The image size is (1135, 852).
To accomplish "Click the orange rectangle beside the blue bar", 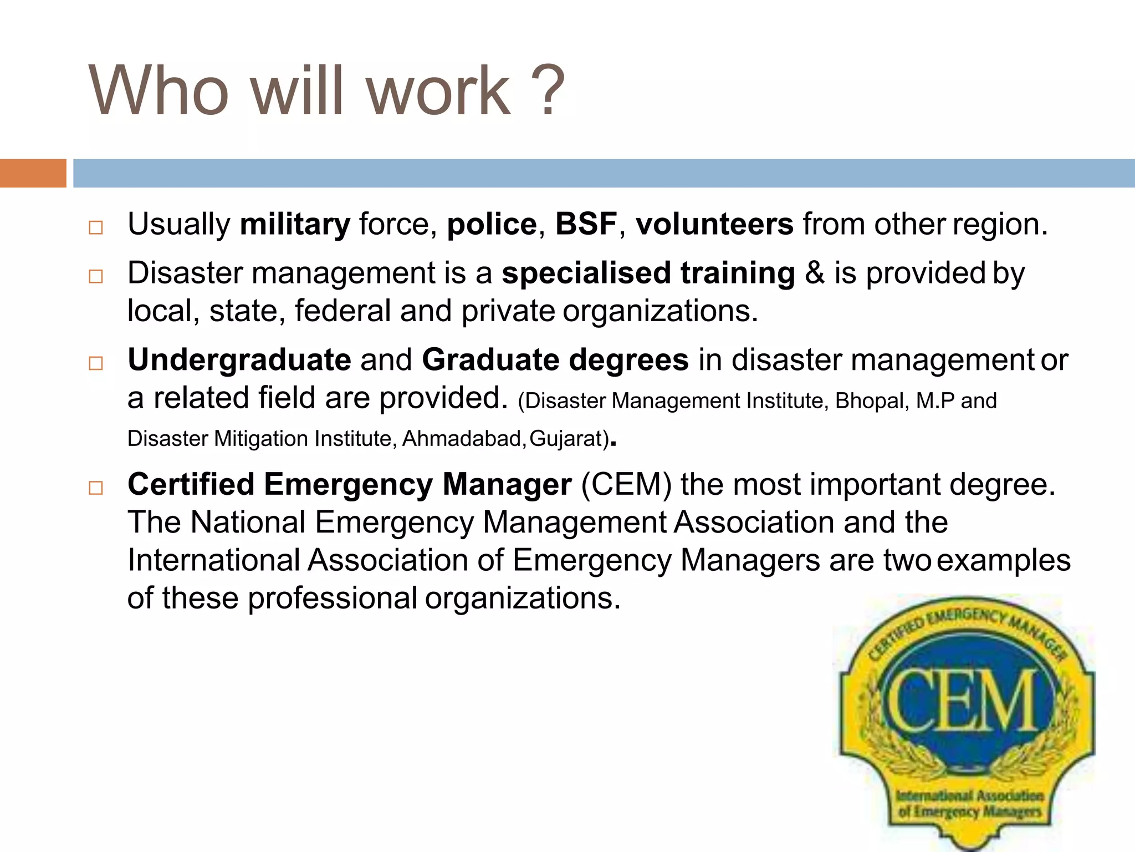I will click(x=33, y=173).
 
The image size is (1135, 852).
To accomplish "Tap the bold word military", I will click(x=295, y=225).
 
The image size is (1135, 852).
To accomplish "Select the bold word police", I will click(x=492, y=225).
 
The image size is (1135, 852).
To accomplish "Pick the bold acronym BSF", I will click(x=586, y=224).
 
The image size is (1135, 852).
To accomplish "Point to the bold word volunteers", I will click(x=714, y=224).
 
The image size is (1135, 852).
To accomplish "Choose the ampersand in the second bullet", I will click(x=814, y=273).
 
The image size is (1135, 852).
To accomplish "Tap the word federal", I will click(x=342, y=311).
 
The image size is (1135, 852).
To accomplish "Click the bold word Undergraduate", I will click(x=239, y=360).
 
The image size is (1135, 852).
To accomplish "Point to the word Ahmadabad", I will click(x=462, y=439).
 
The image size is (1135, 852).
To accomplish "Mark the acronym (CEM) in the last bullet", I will click(x=626, y=484).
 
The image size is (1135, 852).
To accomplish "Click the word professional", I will click(x=333, y=599).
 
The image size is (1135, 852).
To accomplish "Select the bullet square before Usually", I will click(x=96, y=227).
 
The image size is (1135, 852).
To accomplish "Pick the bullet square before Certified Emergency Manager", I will click(x=96, y=488).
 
